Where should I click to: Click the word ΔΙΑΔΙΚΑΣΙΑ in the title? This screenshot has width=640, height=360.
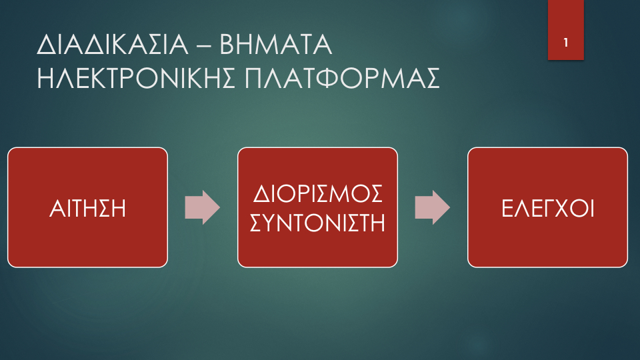[113, 45]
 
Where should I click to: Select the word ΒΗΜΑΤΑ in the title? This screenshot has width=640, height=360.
[276, 45]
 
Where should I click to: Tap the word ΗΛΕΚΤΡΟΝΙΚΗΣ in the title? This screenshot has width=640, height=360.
[136, 78]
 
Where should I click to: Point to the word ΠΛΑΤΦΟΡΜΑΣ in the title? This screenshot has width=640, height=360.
[342, 78]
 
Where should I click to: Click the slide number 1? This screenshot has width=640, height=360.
[566, 43]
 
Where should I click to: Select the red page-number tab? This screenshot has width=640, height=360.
[566, 30]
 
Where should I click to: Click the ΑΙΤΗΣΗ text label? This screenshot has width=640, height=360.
[87, 208]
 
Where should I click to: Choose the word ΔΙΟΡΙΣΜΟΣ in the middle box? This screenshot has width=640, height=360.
[317, 193]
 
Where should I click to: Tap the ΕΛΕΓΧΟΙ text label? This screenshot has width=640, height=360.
[547, 208]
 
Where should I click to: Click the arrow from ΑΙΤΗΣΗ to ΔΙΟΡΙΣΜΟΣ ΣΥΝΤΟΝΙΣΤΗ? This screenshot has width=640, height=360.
[203, 207]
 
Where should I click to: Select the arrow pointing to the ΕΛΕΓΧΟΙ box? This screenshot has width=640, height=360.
[432, 207]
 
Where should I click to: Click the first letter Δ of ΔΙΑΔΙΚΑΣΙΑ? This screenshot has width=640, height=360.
[46, 45]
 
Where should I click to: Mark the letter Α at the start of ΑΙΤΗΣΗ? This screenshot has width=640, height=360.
[57, 208]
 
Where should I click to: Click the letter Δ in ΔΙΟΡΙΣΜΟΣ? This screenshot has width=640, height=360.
[261, 193]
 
